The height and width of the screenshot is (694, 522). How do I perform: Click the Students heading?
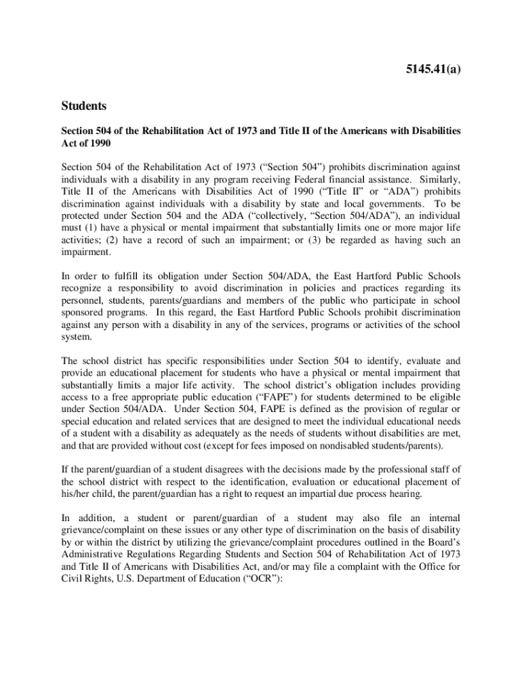[x=84, y=106]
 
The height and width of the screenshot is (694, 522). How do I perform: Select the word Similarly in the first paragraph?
[x=440, y=180]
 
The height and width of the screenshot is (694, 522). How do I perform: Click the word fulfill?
[x=122, y=277]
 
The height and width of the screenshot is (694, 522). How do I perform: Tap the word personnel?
[x=83, y=301]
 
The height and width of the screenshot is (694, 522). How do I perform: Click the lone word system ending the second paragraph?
[x=75, y=337]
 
